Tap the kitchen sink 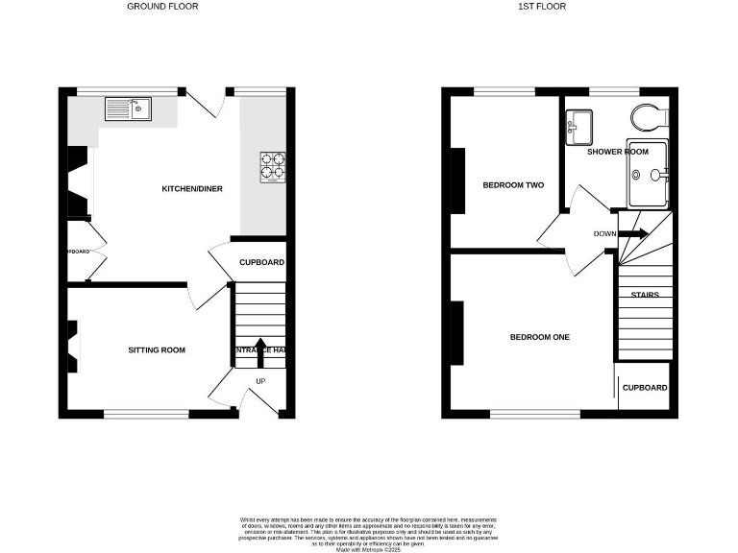click(127, 108)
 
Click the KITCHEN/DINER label click(192, 189)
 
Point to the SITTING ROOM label click(157, 350)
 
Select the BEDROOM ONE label click(540, 337)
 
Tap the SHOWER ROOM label click(618, 152)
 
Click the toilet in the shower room click(650, 116)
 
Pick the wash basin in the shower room click(578, 124)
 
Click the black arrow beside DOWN click(634, 233)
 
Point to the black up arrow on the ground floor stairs click(258, 348)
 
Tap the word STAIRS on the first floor click(644, 295)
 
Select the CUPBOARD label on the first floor click(645, 388)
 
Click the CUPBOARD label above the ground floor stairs click(261, 262)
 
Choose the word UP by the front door click(259, 381)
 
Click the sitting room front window click(146, 414)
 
